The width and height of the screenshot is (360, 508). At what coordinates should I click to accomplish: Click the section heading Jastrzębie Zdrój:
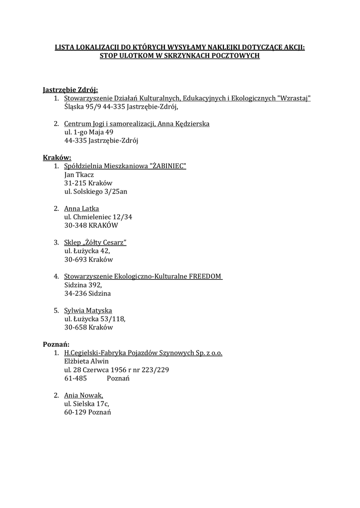(70, 90)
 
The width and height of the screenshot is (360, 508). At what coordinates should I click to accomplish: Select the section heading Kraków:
(57, 157)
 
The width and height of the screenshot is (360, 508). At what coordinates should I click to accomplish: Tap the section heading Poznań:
(56, 344)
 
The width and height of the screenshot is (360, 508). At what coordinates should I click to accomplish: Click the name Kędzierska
(191, 124)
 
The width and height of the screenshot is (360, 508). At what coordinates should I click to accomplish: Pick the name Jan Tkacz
(79, 174)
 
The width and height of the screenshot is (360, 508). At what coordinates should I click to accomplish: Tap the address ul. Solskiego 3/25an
(95, 191)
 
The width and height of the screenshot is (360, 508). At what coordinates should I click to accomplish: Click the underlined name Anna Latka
(81, 208)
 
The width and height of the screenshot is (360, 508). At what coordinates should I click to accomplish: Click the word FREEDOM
(205, 276)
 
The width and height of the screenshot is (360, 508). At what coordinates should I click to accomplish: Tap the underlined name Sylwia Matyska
(88, 310)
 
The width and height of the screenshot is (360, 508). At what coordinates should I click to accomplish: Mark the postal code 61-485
(75, 378)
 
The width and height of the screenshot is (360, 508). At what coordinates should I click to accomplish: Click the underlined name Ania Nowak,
(83, 395)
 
